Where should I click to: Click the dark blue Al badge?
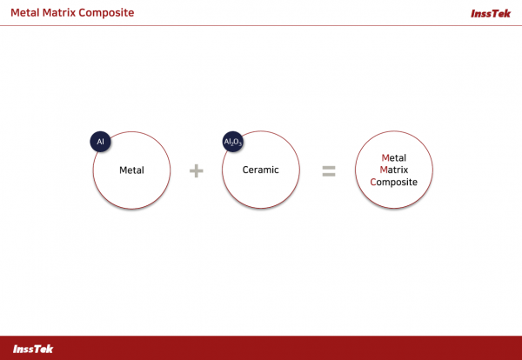[x=100, y=142]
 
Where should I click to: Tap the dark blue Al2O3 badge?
[x=232, y=142]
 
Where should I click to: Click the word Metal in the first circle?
[x=132, y=170]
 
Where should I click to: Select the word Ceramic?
[x=261, y=170]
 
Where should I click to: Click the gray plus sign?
[x=196, y=170]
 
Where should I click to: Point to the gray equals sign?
[x=329, y=171]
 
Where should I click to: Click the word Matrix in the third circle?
[x=394, y=170]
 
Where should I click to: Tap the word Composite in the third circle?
[x=394, y=182]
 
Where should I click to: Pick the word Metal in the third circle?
[x=394, y=157]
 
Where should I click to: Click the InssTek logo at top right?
[x=491, y=13]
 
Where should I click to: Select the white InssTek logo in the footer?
[x=33, y=349]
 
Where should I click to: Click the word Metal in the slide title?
[x=25, y=13]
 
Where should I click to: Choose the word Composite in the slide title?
[x=106, y=13]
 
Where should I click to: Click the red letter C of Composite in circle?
[x=373, y=182]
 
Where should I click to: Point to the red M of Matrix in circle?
[x=384, y=170]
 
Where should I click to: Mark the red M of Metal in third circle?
[x=385, y=157]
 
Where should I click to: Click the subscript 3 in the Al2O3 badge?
[x=240, y=144]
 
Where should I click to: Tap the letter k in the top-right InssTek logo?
[x=507, y=13]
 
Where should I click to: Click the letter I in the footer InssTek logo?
[x=15, y=349]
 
